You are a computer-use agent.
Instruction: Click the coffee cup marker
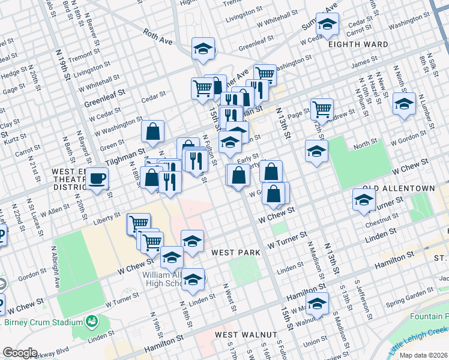[x=97, y=178]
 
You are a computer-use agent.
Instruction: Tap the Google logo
[x=19, y=353]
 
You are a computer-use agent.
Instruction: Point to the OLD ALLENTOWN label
[x=398, y=188]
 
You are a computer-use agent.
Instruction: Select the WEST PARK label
[x=236, y=253]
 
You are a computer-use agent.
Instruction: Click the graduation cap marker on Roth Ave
[x=203, y=48]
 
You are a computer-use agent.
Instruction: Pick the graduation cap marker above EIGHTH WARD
[x=327, y=24]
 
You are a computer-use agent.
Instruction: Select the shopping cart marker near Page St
[x=322, y=109]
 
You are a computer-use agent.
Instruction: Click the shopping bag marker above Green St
[x=153, y=130]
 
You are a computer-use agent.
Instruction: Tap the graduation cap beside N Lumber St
[x=404, y=103]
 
